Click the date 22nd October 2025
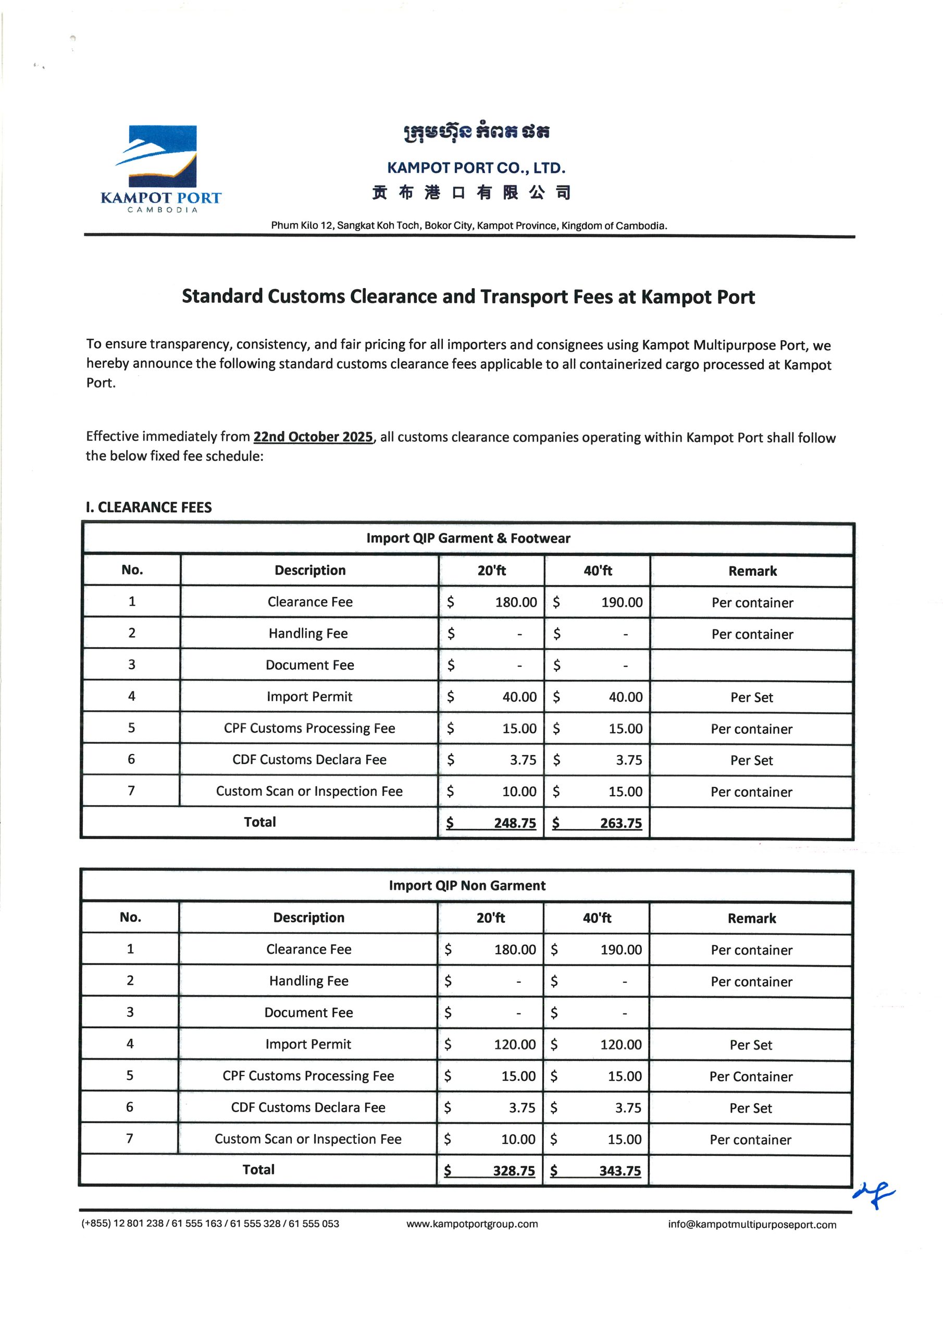313,437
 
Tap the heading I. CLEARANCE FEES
148,507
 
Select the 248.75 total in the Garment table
514,823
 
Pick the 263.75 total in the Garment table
620,823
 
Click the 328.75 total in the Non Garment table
513,1171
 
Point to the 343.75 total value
619,1171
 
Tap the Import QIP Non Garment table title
467,885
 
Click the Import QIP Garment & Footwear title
468,538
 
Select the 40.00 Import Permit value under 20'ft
519,697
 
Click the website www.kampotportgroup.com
472,1224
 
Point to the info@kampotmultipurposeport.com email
752,1224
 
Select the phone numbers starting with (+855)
210,1223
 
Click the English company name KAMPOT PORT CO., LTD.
476,168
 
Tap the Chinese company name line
471,192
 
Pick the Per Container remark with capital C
751,1077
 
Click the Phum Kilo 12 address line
469,226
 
